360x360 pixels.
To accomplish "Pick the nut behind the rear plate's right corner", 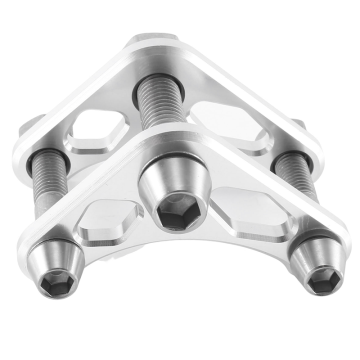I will [297, 125].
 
